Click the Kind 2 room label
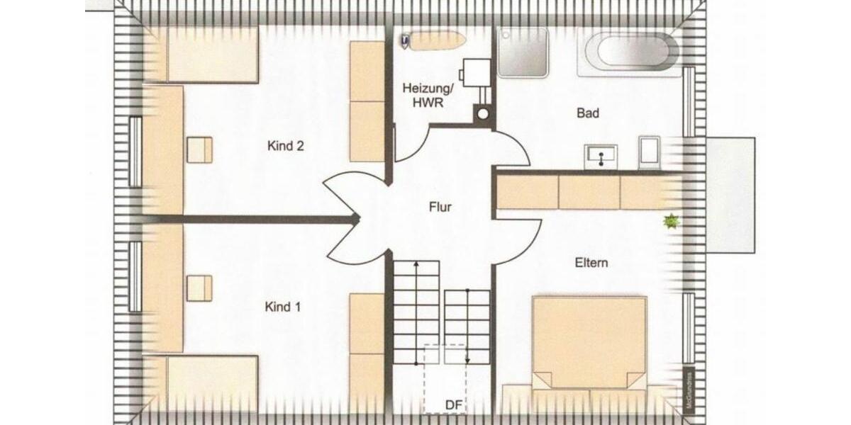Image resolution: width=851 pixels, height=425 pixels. point(286,147)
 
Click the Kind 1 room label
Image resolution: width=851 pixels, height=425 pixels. point(283,307)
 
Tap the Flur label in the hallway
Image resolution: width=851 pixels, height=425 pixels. point(440,208)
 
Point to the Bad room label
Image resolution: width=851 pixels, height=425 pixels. point(588,113)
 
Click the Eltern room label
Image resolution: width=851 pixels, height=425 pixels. point(591,263)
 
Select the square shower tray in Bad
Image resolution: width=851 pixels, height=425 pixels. point(523,52)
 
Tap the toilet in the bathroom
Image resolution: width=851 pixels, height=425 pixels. point(650,153)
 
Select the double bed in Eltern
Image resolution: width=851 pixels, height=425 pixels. point(589,344)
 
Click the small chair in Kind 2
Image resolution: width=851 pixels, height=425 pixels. point(199,150)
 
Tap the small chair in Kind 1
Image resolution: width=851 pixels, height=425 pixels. point(199,287)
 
